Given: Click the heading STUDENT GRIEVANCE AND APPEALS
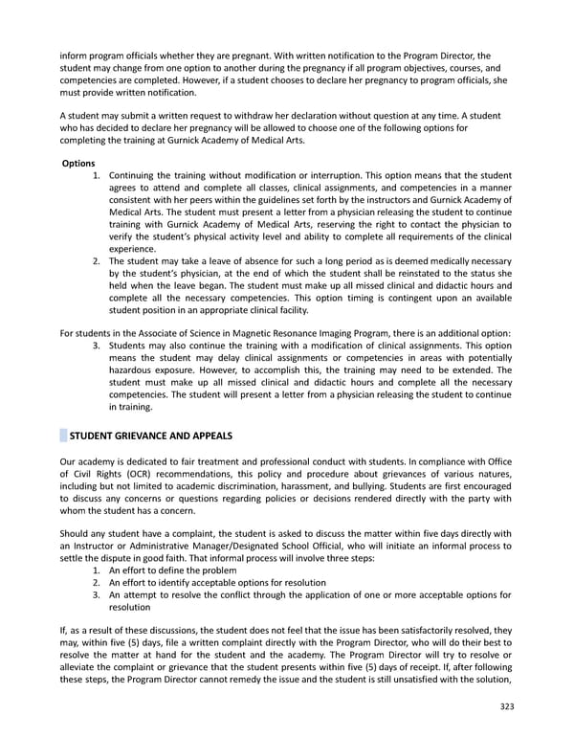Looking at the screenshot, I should [151, 436].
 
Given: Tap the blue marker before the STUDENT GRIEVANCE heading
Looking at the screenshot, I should [63, 436].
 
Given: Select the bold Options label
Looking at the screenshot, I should [77, 164].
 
